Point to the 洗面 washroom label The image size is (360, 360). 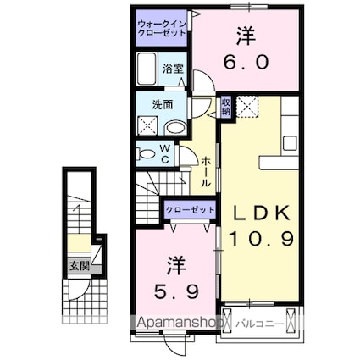(163, 104)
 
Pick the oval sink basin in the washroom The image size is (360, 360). (176, 127)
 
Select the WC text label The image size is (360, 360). (166, 155)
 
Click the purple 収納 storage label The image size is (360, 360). (226, 107)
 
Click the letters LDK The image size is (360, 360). (258, 211)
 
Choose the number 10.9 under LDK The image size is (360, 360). (258, 240)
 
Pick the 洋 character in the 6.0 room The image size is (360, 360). (246, 36)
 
